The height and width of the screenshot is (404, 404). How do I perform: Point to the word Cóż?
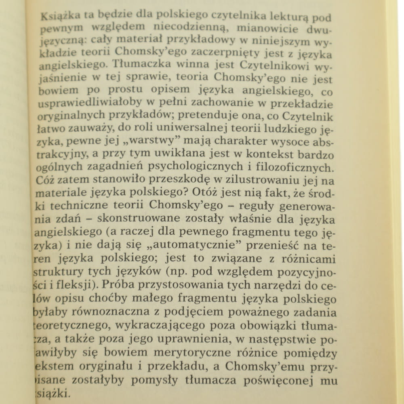45,179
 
